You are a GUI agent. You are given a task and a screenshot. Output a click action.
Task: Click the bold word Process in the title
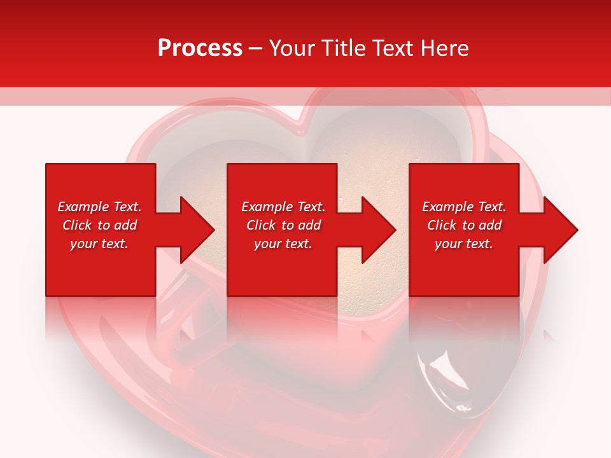coord(200,48)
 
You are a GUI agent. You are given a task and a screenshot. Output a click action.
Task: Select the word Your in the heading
coord(293,48)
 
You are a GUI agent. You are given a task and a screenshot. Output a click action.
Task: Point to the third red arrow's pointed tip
coord(577,230)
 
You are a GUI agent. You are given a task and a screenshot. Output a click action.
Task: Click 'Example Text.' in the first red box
coord(99,207)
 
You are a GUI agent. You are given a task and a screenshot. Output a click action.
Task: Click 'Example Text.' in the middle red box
coord(283,207)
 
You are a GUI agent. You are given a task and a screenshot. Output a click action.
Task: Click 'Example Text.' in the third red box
coord(464,207)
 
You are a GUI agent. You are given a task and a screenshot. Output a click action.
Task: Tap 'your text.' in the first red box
coord(99,244)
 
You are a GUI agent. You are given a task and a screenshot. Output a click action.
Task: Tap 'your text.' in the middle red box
coord(283,244)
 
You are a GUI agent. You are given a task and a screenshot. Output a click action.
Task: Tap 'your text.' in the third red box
coord(464,244)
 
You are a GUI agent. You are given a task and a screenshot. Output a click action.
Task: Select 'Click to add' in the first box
coord(99,225)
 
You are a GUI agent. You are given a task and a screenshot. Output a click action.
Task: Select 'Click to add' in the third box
coord(464,225)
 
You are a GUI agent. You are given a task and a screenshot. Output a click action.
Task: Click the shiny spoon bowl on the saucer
coord(449,382)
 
